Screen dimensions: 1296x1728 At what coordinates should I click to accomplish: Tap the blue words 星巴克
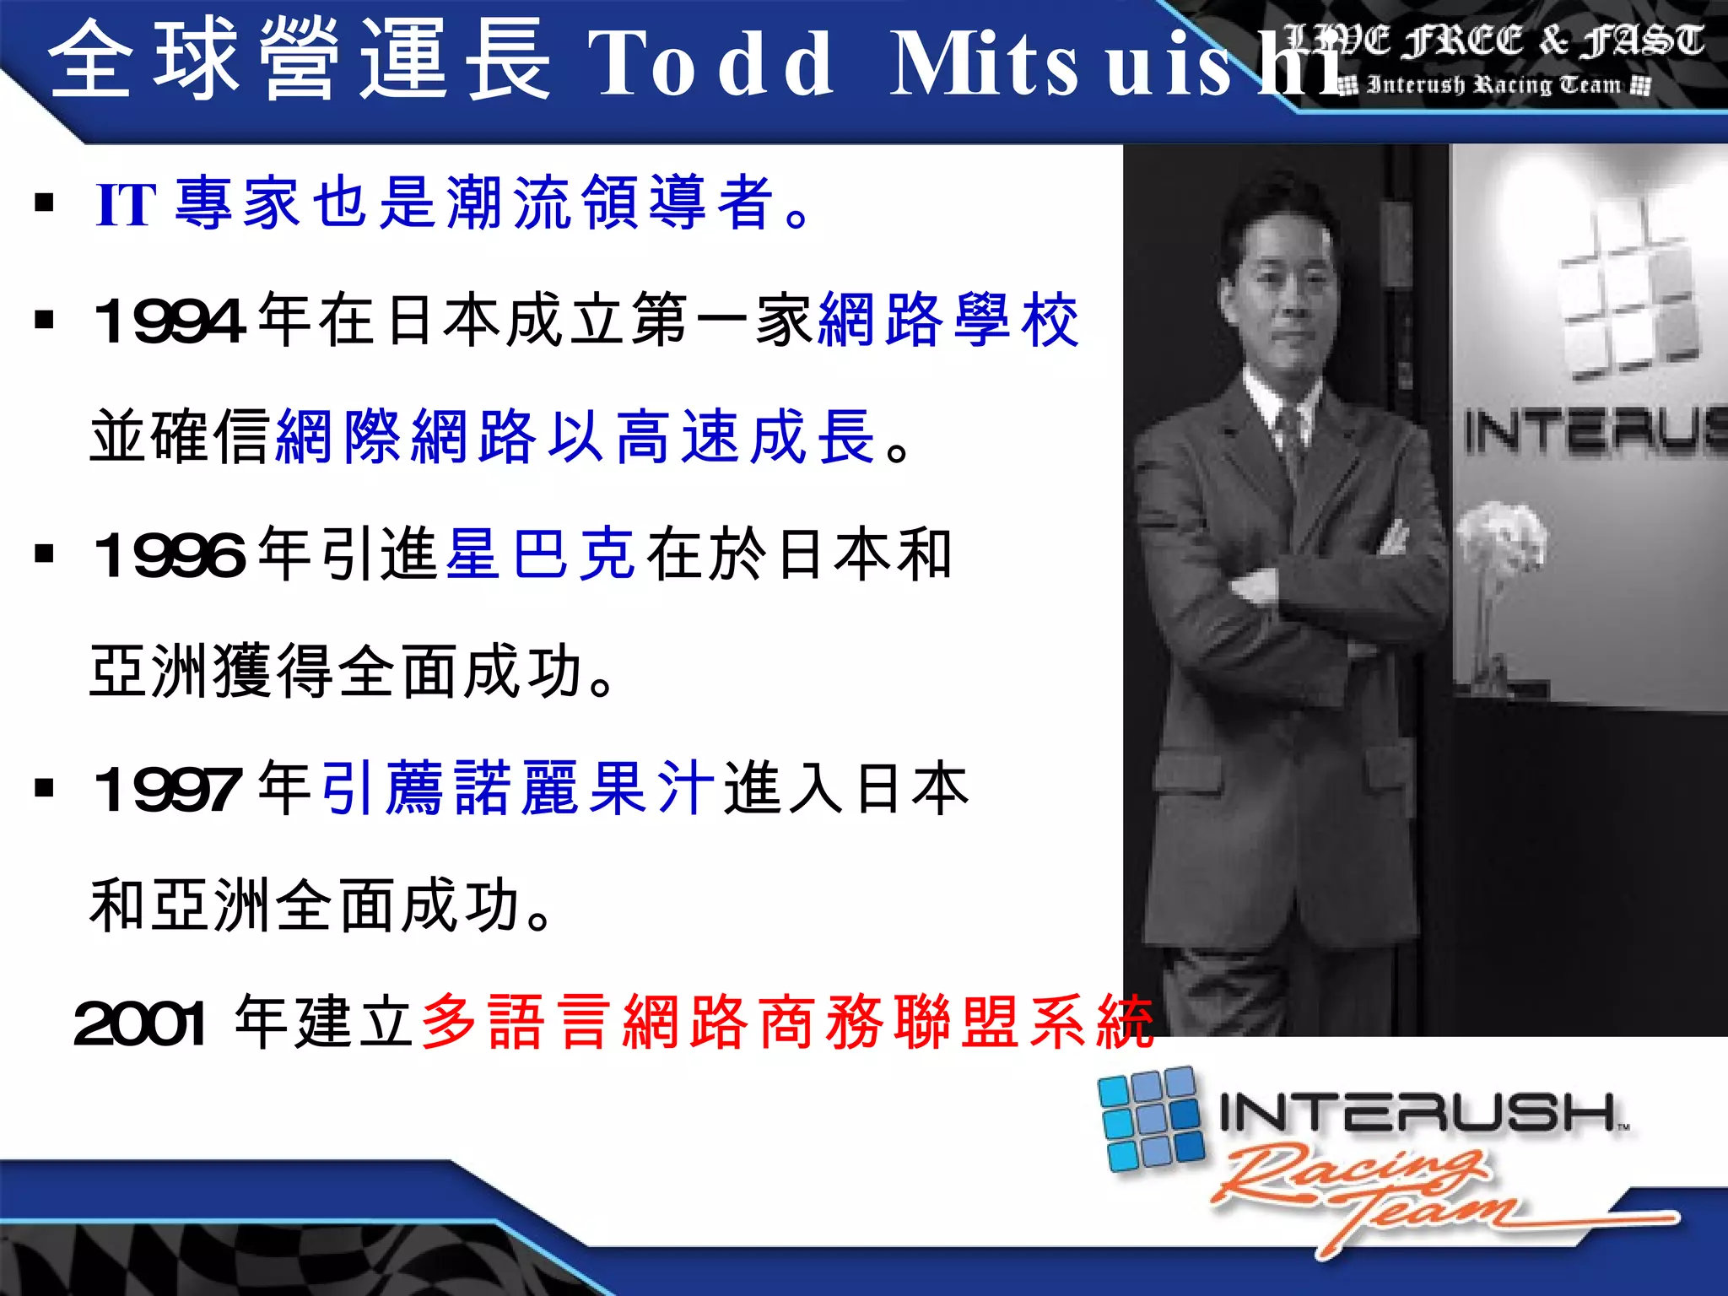540,554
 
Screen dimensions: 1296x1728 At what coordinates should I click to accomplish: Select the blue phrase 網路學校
948,321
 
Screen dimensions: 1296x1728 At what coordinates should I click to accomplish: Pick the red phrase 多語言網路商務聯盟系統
786,1023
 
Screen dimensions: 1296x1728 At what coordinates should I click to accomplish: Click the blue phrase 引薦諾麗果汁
518,788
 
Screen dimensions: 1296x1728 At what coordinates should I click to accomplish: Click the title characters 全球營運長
300,61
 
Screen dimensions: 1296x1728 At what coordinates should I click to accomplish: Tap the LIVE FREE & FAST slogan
1493,40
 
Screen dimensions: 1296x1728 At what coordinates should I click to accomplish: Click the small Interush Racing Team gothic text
1493,85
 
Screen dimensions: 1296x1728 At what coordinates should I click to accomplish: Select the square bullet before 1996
44,554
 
